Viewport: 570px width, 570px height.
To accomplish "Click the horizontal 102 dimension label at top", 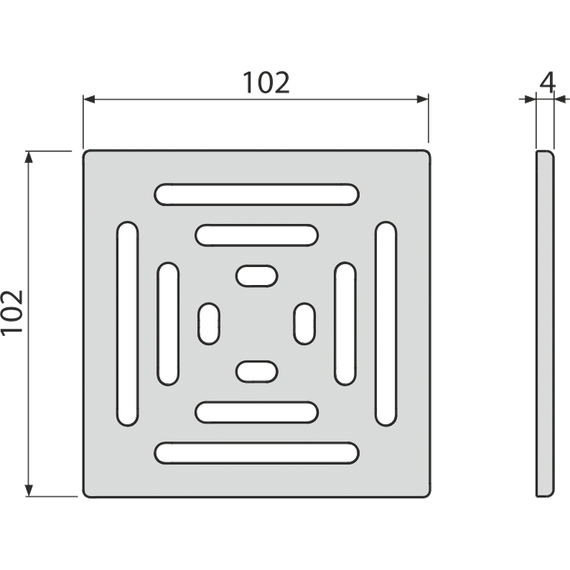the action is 266,83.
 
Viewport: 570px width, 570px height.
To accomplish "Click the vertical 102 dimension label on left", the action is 12,312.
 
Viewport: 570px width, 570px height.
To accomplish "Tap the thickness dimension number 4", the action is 547,82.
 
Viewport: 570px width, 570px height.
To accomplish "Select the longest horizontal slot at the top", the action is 257,194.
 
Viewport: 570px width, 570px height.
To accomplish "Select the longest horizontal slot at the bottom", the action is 257,453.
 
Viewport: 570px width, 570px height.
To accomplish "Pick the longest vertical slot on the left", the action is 128,324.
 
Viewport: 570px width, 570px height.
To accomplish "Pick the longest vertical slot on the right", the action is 386,324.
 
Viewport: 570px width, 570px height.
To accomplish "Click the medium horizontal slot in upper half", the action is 257,235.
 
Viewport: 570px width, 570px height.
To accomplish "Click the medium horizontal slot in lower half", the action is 257,412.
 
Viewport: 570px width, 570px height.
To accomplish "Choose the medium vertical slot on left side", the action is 168,324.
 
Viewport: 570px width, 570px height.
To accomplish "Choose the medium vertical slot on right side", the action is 345,324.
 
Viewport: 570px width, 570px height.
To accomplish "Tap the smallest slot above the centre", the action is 257,276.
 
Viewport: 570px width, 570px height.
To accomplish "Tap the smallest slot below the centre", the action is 257,372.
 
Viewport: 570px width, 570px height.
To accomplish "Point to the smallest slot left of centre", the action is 209,324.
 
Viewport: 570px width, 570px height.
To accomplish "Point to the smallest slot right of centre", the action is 305,324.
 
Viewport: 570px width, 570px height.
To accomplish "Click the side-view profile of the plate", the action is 545,324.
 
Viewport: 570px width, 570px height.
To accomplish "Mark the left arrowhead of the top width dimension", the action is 89,99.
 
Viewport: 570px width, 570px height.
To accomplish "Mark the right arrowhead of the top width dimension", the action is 422,99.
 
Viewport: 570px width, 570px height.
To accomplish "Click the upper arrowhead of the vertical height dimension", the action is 29,157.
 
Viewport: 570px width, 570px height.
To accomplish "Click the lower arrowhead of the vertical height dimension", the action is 29,490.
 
